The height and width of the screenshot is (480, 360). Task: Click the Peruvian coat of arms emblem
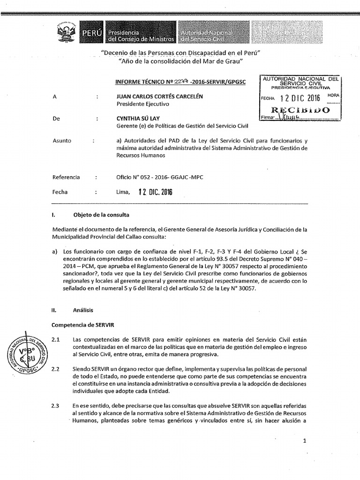point(66,33)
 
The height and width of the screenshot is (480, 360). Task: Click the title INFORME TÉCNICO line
point(181,82)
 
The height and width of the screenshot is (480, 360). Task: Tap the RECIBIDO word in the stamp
point(300,110)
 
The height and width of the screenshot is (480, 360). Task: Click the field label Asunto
point(61,140)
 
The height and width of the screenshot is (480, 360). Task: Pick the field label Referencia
point(67,177)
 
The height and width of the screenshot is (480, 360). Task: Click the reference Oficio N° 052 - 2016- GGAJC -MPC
point(159,177)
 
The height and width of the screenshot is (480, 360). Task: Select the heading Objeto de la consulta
point(101,215)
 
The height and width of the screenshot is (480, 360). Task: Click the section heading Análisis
point(83,310)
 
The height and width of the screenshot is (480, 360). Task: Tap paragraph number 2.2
point(56,369)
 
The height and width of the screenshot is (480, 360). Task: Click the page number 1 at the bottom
point(305,441)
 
